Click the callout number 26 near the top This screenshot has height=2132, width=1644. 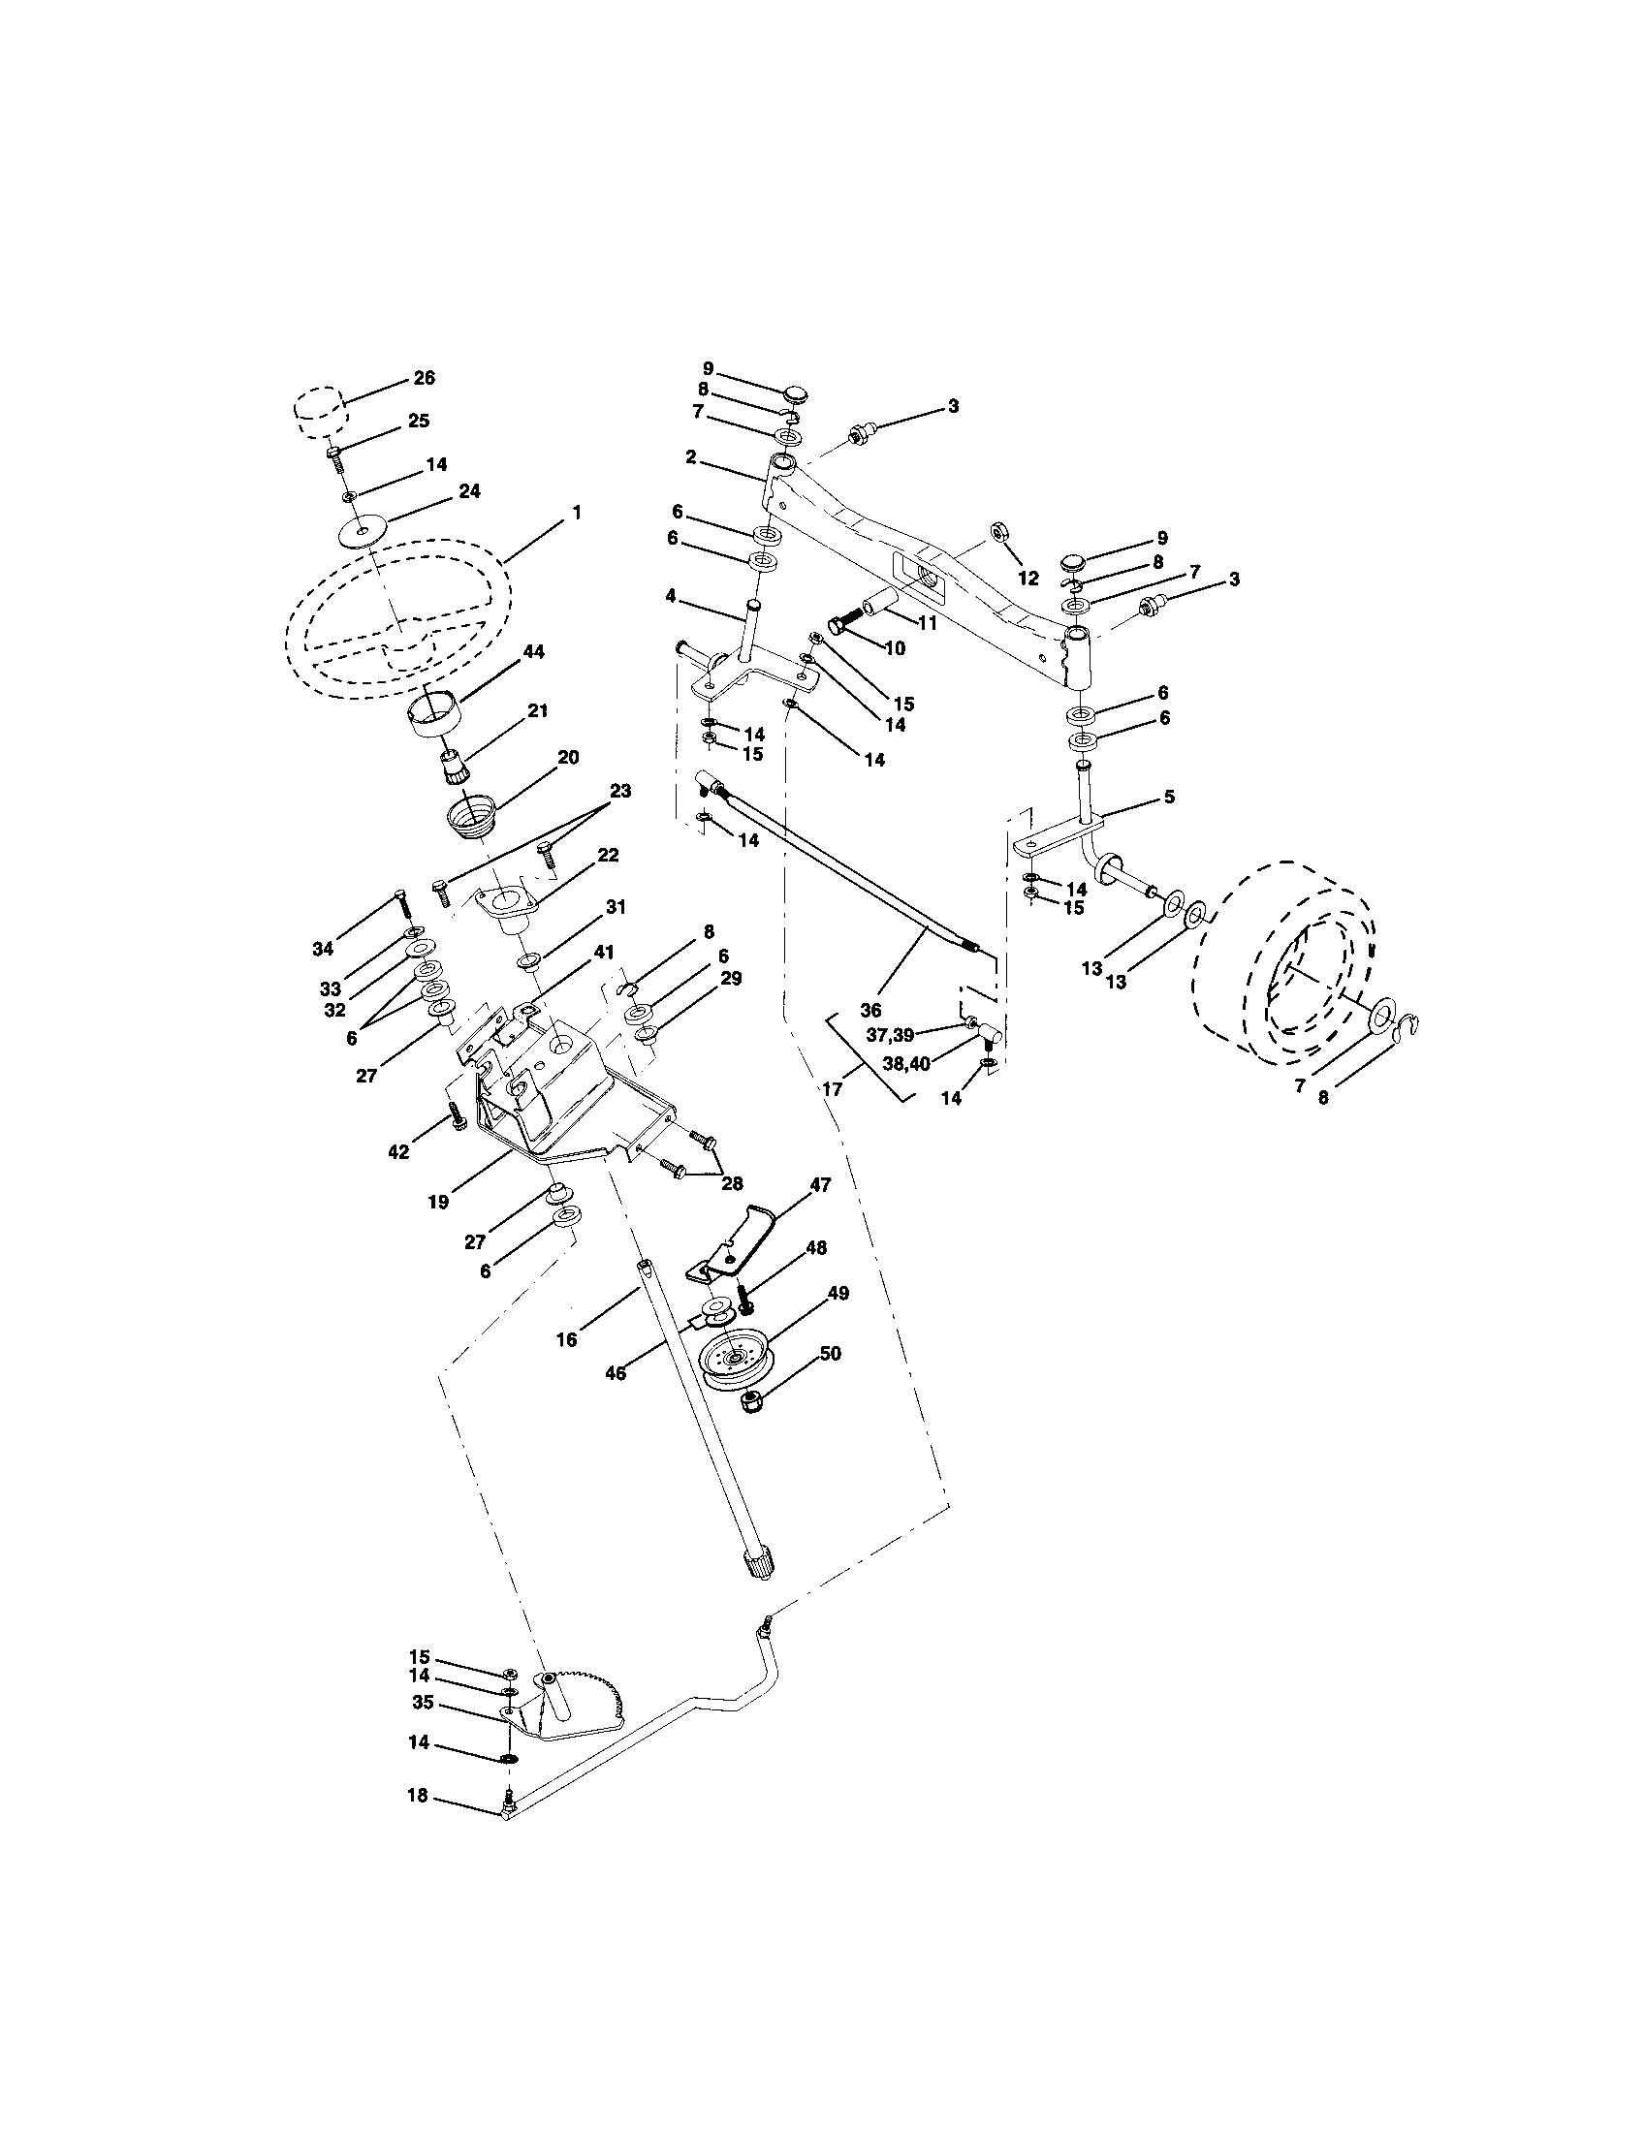(425, 378)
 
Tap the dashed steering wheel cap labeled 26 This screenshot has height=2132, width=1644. (319, 412)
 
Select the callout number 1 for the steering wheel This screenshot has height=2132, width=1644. (576, 512)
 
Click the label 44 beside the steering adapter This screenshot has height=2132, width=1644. (534, 651)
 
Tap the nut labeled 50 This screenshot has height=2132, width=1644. (750, 1405)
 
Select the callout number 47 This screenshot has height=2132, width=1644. (820, 1185)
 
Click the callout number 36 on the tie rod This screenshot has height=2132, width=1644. (869, 1011)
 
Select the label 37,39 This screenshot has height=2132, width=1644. (889, 1036)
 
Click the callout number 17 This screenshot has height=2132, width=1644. (832, 1087)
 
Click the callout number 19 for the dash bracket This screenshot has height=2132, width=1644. (438, 1203)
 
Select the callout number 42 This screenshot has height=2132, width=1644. (397, 1152)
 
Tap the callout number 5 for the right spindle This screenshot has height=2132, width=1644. (1169, 797)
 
